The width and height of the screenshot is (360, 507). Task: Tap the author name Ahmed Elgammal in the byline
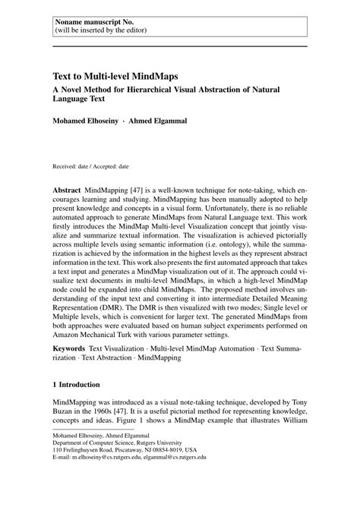(x=159, y=121)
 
